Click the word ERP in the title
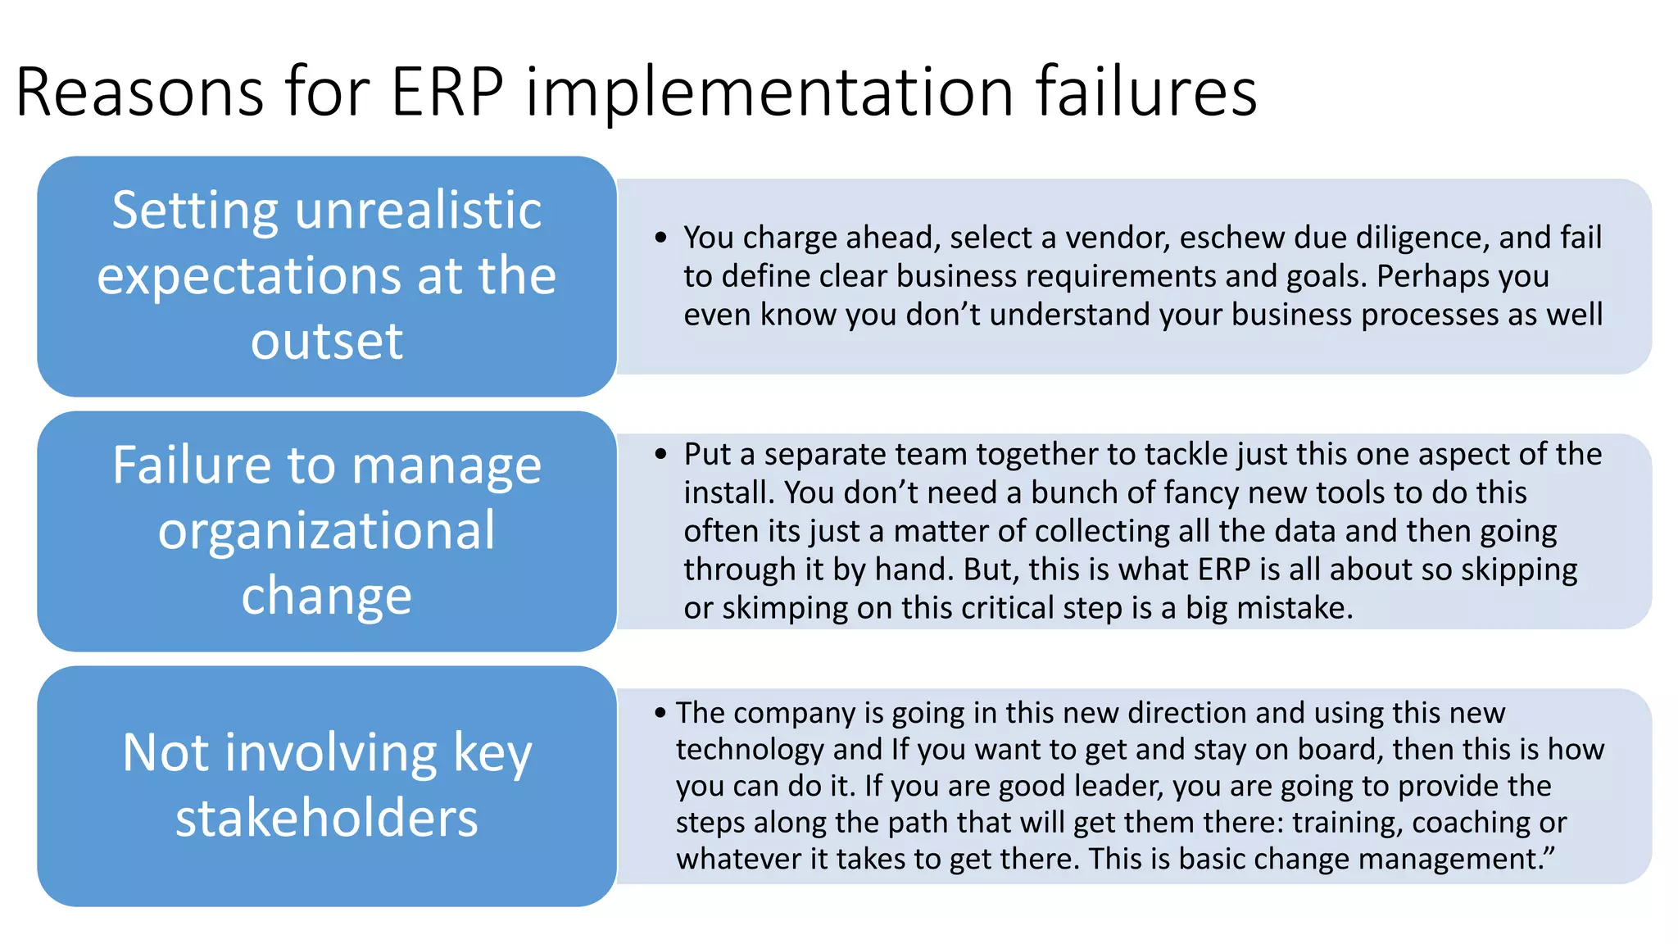coord(447,92)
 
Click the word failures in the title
coord(1145,92)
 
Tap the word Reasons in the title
coord(139,92)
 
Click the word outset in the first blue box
coord(327,341)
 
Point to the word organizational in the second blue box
coord(327,531)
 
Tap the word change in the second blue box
coord(327,596)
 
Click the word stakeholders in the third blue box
coord(327,818)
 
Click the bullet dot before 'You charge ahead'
coord(661,238)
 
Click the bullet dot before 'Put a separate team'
coord(661,455)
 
